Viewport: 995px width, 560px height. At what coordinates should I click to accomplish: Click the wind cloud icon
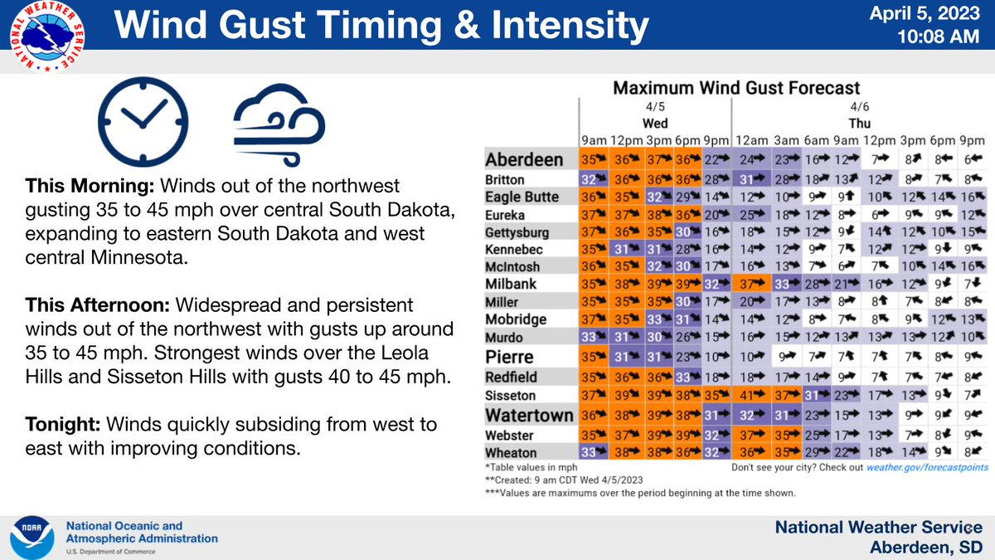[279, 121]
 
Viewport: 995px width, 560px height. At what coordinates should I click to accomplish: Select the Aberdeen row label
[524, 160]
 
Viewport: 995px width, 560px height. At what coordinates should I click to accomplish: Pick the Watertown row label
[528, 414]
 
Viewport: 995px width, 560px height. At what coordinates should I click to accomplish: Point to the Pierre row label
[509, 357]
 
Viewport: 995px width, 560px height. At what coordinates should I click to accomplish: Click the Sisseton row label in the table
[510, 396]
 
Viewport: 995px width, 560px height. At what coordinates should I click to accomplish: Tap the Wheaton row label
[511, 453]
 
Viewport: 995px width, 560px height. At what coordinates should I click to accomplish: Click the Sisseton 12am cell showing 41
[750, 396]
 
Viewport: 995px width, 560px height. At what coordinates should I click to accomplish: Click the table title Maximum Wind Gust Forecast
[735, 88]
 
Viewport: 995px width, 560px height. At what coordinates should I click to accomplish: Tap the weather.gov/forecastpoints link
[925, 467]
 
